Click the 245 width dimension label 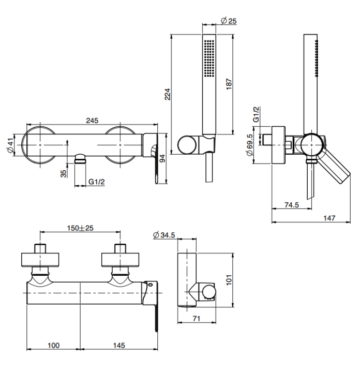[92, 121]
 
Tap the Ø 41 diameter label [10, 145]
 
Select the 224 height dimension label [168, 94]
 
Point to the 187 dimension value [229, 84]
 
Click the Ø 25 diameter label [229, 21]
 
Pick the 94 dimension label [162, 159]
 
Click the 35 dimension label [64, 173]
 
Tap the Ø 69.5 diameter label [250, 145]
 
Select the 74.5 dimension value [291, 205]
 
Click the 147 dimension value [329, 218]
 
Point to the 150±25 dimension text [80, 228]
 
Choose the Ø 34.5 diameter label [164, 235]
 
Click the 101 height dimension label [229, 280]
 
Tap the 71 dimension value [197, 318]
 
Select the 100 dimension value [53, 345]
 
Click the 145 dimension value [119, 345]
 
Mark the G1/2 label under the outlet [97, 182]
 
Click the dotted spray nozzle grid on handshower [209, 58]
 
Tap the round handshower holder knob [187, 145]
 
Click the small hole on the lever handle [151, 285]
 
